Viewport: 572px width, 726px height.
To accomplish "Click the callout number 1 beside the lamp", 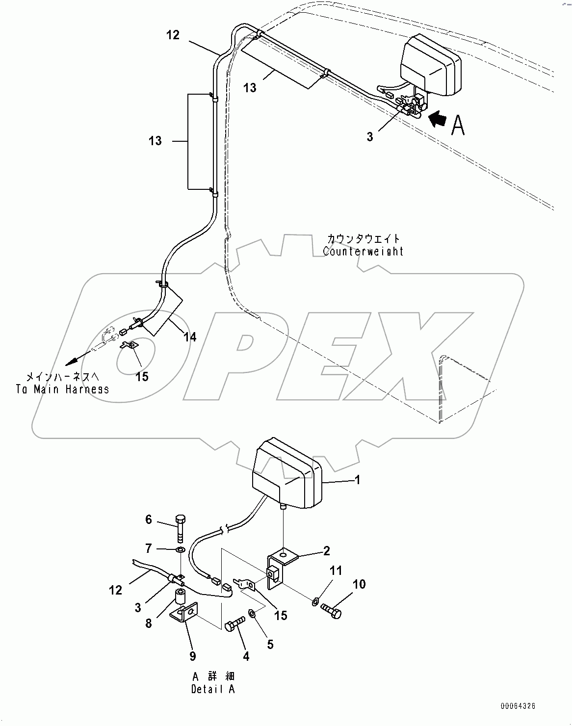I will (x=358, y=480).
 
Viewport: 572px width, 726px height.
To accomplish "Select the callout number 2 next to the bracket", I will (x=326, y=551).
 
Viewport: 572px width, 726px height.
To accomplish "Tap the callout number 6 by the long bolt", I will (x=149, y=519).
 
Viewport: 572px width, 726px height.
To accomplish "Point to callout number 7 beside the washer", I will (x=149, y=548).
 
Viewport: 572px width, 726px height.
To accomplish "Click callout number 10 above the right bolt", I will (x=359, y=584).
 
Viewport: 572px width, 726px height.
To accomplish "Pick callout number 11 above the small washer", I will (x=335, y=570).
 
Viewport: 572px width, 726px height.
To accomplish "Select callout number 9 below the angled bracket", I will (x=193, y=656).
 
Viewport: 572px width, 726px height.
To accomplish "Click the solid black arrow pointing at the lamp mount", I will (x=438, y=118).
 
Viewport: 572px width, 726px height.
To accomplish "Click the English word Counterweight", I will (x=363, y=251).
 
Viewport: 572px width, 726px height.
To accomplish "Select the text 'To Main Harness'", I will (x=62, y=389).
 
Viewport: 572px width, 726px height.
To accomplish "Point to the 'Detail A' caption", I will (x=213, y=689).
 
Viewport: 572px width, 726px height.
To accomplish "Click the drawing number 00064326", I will (x=518, y=706).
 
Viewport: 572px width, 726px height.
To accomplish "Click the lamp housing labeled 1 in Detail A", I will (x=286, y=475).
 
